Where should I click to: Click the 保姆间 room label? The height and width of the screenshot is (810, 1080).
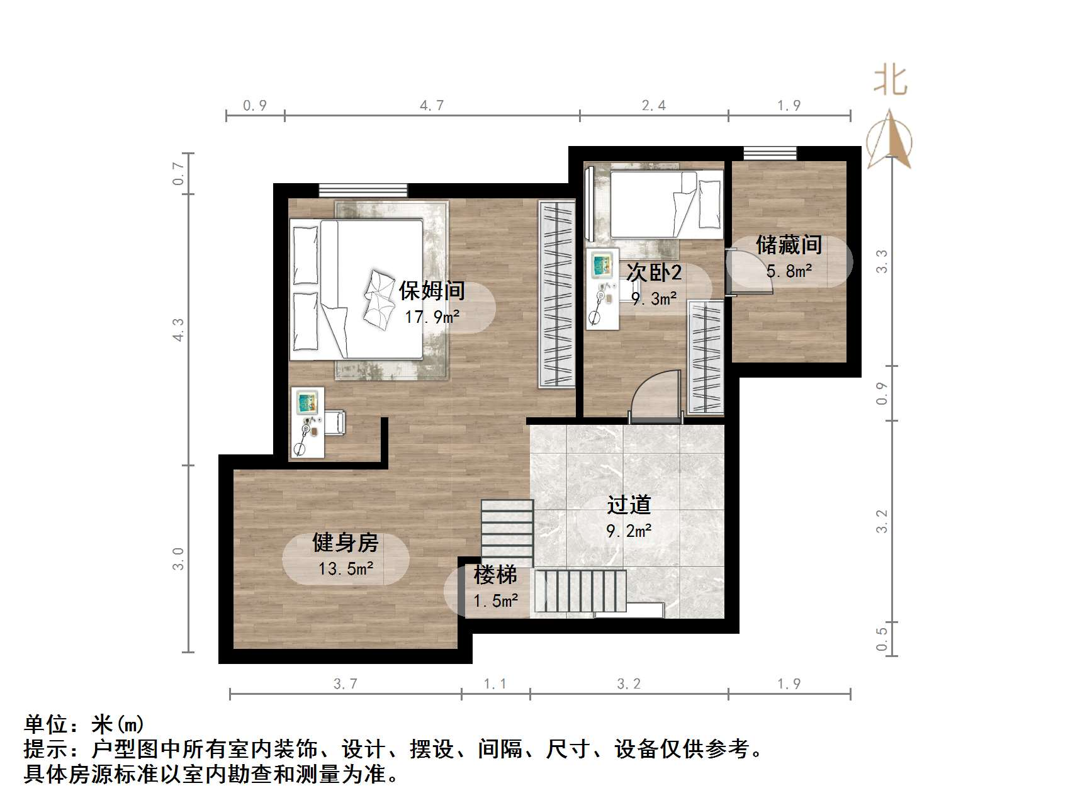click(x=432, y=291)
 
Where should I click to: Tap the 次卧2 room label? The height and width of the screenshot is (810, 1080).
click(x=654, y=273)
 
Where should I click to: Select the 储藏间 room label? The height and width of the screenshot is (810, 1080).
click(x=789, y=245)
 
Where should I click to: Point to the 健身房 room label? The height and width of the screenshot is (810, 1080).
click(x=346, y=543)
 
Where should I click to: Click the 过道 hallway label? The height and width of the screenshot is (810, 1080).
click(x=629, y=505)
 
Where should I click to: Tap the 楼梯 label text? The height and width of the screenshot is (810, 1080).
click(x=495, y=575)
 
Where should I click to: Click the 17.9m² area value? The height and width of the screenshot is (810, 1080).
click(x=432, y=317)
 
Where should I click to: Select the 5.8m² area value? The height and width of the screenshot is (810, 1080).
click(x=789, y=271)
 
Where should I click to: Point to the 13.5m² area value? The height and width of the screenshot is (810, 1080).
click(x=346, y=569)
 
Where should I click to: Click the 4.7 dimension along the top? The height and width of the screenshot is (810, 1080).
click(x=432, y=106)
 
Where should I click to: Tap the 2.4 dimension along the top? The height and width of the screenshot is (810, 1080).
click(x=653, y=106)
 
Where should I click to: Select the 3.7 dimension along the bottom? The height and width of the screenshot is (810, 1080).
click(x=345, y=684)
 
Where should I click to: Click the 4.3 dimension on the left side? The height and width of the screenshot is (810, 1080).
click(x=178, y=330)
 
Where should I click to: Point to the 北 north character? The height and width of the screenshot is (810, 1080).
click(x=890, y=81)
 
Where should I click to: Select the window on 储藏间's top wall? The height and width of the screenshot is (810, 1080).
click(x=770, y=153)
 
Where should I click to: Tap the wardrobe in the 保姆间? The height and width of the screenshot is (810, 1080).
click(x=557, y=294)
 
